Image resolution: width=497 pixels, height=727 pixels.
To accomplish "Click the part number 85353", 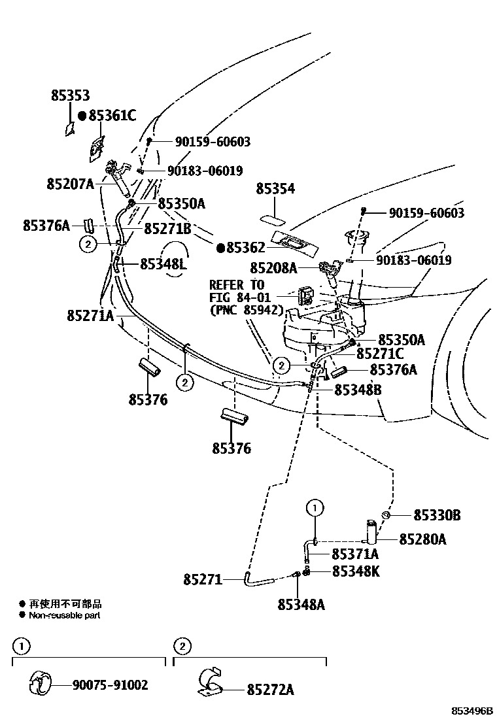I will coord(70,95).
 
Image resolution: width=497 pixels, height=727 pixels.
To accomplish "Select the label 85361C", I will coord(112,116).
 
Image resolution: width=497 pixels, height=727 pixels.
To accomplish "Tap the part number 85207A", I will coord(71,184).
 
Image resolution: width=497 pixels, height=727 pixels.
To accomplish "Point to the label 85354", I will coord(275,189).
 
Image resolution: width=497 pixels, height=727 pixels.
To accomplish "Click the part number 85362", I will coord(246,248).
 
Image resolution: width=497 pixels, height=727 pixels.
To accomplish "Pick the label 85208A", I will coord(273,267).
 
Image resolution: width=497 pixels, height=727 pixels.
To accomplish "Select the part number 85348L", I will coord(163,264).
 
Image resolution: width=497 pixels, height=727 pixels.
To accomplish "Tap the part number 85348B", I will coord(358,390).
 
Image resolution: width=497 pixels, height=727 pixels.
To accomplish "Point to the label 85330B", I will coord(436,516).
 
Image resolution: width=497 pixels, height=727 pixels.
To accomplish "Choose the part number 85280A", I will coord(422,539).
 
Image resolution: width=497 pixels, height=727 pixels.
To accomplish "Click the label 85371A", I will coord(355,554).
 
